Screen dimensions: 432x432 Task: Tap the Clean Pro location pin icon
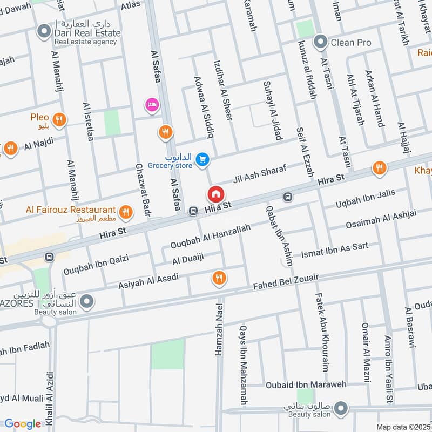point(321,42)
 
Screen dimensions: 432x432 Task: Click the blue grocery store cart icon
point(202,159)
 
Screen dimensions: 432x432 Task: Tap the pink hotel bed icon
point(152,104)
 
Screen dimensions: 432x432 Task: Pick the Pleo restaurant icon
point(59,120)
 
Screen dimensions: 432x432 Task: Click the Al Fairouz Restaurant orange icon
point(126,212)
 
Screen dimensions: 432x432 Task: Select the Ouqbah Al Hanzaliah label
point(211,237)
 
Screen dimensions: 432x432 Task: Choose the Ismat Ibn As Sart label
point(335,249)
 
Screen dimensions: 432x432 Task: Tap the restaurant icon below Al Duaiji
point(219,278)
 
